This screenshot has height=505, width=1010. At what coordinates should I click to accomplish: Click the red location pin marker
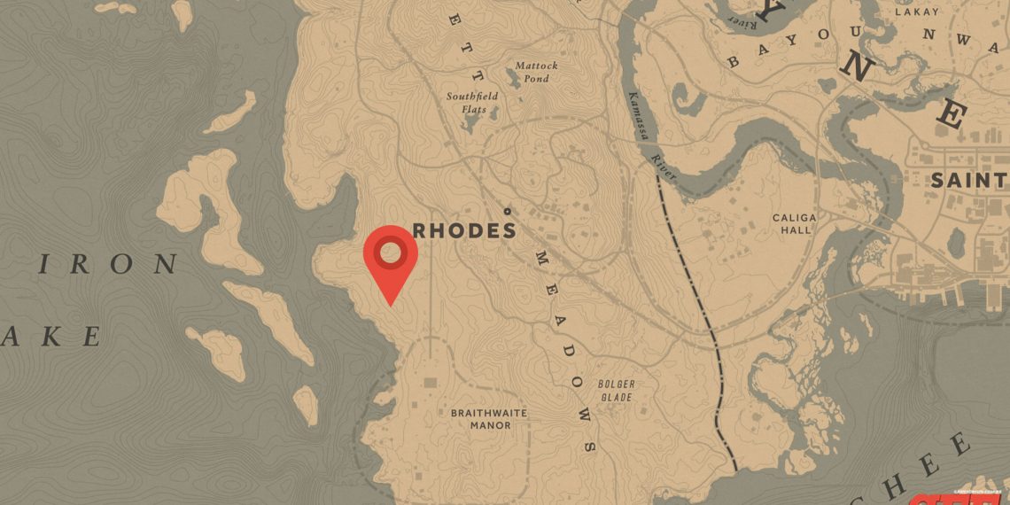point(390,260)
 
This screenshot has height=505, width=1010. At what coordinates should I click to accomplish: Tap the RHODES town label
point(464,231)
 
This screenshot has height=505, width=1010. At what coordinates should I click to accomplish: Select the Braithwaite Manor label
point(488,419)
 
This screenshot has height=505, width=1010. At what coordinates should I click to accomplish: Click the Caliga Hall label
point(792,223)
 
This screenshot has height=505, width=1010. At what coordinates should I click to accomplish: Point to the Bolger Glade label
point(616,391)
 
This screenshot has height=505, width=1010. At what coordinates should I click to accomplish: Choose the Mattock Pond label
point(537,72)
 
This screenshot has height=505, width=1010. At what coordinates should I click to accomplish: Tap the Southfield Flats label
point(472,102)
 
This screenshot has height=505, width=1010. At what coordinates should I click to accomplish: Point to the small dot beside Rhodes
point(507,211)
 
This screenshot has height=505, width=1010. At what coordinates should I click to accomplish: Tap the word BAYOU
point(781,46)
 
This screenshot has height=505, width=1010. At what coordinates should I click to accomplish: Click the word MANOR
point(490,425)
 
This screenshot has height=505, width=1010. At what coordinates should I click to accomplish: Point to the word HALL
point(792,229)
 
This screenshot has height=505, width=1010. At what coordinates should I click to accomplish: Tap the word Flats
point(472,109)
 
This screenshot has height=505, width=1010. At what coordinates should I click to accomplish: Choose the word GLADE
point(616,397)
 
